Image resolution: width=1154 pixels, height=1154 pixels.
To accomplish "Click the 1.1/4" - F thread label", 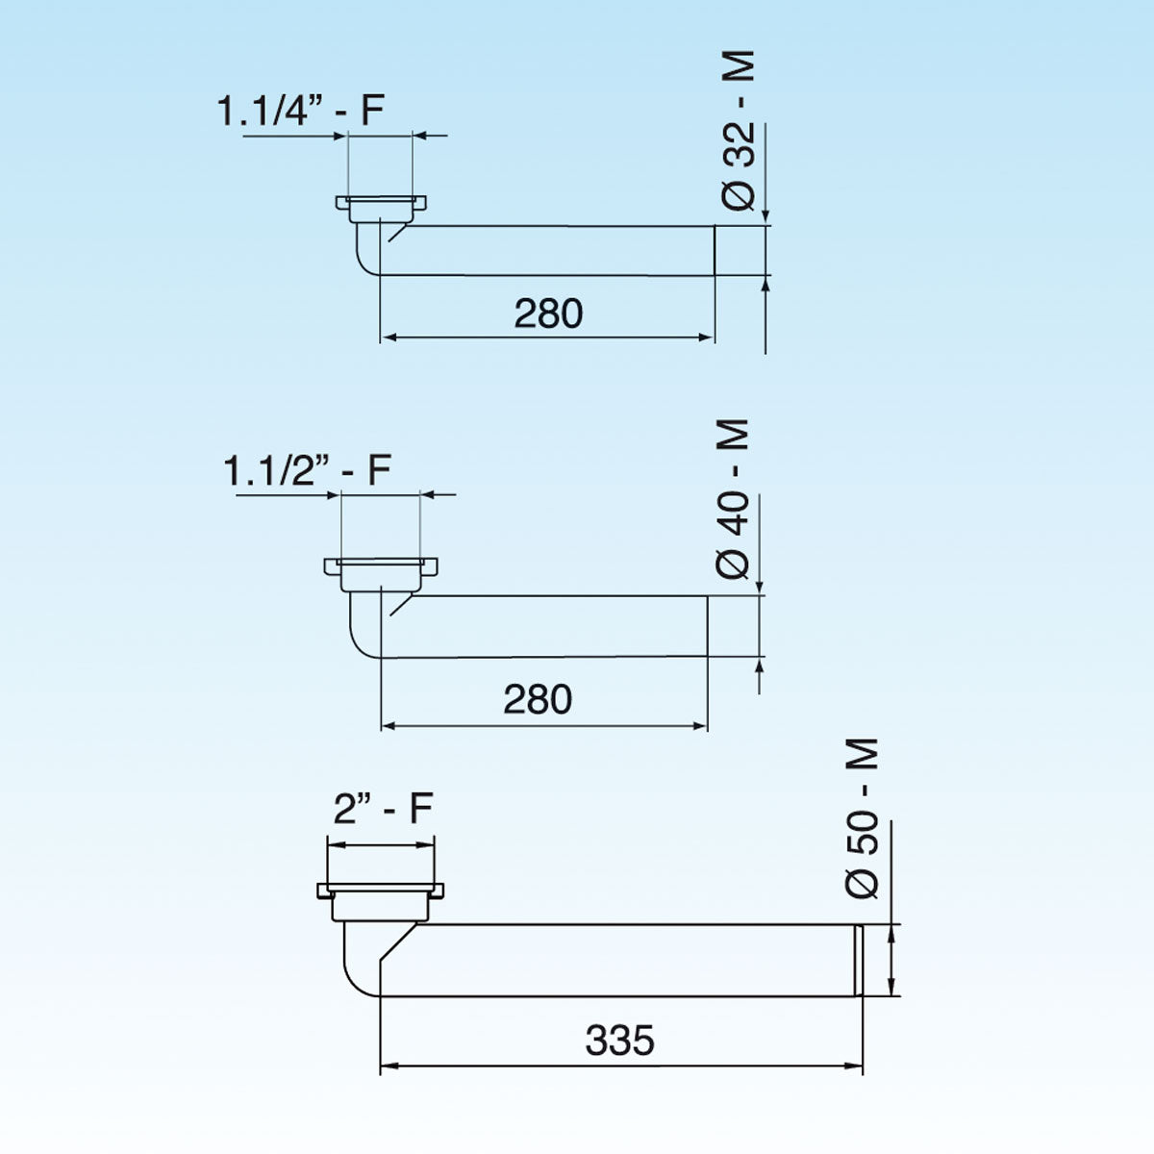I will [x=300, y=111].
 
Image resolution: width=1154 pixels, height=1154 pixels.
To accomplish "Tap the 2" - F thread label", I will [x=383, y=809].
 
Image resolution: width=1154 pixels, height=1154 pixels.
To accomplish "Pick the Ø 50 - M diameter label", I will [x=864, y=817].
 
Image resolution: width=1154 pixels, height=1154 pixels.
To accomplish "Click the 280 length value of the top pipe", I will [x=548, y=314].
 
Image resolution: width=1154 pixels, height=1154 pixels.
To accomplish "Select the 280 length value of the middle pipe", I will [x=538, y=699].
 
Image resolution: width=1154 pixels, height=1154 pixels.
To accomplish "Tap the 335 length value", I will [x=619, y=1040].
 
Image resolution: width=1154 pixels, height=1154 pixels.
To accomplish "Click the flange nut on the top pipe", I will [x=382, y=204].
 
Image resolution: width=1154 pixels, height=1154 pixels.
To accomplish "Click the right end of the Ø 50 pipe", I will [x=858, y=960].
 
